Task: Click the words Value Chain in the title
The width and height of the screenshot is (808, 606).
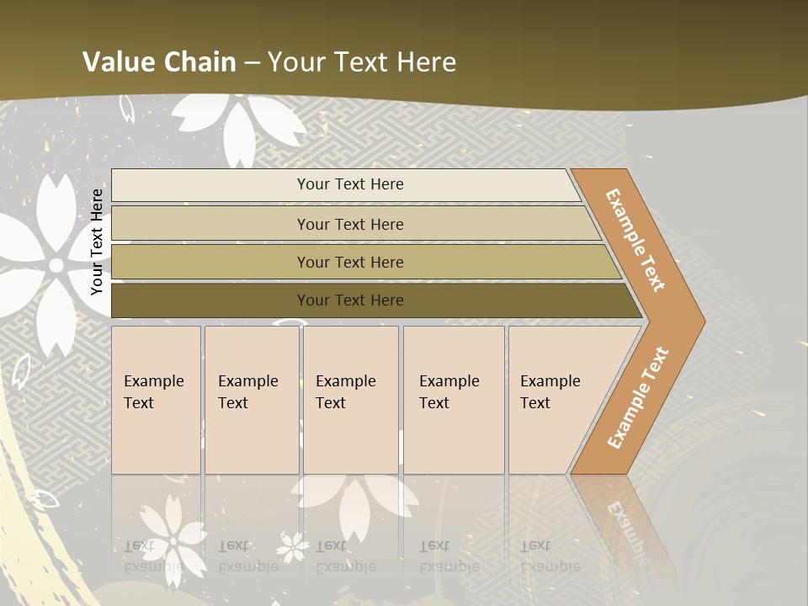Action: (x=159, y=62)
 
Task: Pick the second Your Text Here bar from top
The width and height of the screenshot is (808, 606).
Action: (x=350, y=224)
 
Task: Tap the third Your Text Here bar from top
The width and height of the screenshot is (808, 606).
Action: (x=350, y=262)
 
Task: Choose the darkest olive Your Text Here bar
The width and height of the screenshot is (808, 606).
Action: (x=350, y=300)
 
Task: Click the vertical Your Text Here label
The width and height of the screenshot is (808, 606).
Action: (x=97, y=242)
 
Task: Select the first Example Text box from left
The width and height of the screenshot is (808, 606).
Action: (x=156, y=400)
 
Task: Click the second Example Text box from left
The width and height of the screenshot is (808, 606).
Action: (x=251, y=400)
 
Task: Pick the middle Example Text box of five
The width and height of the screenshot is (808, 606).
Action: (x=349, y=400)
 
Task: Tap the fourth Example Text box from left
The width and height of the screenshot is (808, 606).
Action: (x=453, y=400)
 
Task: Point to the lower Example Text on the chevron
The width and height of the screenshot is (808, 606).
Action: (x=638, y=398)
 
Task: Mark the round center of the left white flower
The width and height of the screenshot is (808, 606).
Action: (x=56, y=265)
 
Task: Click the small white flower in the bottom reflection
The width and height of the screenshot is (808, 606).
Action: (x=293, y=546)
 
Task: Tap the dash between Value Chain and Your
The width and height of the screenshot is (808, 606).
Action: (x=252, y=63)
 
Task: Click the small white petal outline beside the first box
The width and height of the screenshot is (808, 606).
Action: (x=20, y=370)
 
